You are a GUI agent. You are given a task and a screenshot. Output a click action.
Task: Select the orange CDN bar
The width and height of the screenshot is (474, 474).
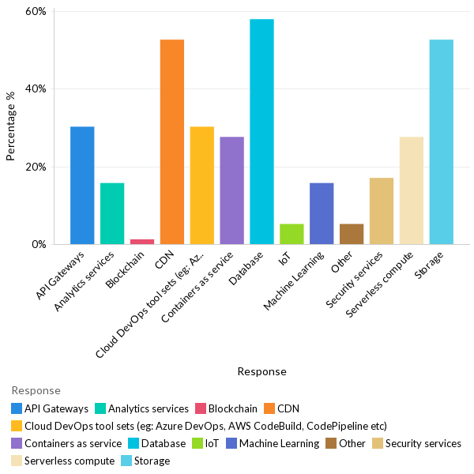(x=172, y=142)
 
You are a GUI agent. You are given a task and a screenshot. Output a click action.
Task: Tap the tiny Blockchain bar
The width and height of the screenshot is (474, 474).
(x=142, y=242)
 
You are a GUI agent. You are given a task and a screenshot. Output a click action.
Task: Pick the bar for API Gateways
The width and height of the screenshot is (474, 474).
(x=82, y=186)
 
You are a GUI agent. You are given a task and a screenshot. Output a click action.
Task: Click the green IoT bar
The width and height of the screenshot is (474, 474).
(x=292, y=234)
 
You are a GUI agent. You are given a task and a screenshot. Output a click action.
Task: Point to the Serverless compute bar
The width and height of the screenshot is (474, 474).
(x=412, y=190)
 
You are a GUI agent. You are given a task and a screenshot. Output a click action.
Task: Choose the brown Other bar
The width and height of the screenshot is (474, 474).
(x=352, y=234)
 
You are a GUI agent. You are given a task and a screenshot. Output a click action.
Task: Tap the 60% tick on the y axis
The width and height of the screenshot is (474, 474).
(x=36, y=12)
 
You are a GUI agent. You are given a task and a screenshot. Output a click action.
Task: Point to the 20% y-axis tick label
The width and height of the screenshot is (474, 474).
(x=36, y=167)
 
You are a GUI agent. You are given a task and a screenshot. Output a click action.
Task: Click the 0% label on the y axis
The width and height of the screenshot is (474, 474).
(x=39, y=244)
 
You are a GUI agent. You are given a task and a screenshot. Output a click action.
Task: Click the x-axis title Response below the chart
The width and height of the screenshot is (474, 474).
(x=261, y=371)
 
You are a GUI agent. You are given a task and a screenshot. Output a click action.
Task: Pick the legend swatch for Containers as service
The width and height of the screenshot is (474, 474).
(x=17, y=443)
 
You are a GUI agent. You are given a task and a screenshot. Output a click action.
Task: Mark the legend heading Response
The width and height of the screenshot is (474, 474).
(x=36, y=390)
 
